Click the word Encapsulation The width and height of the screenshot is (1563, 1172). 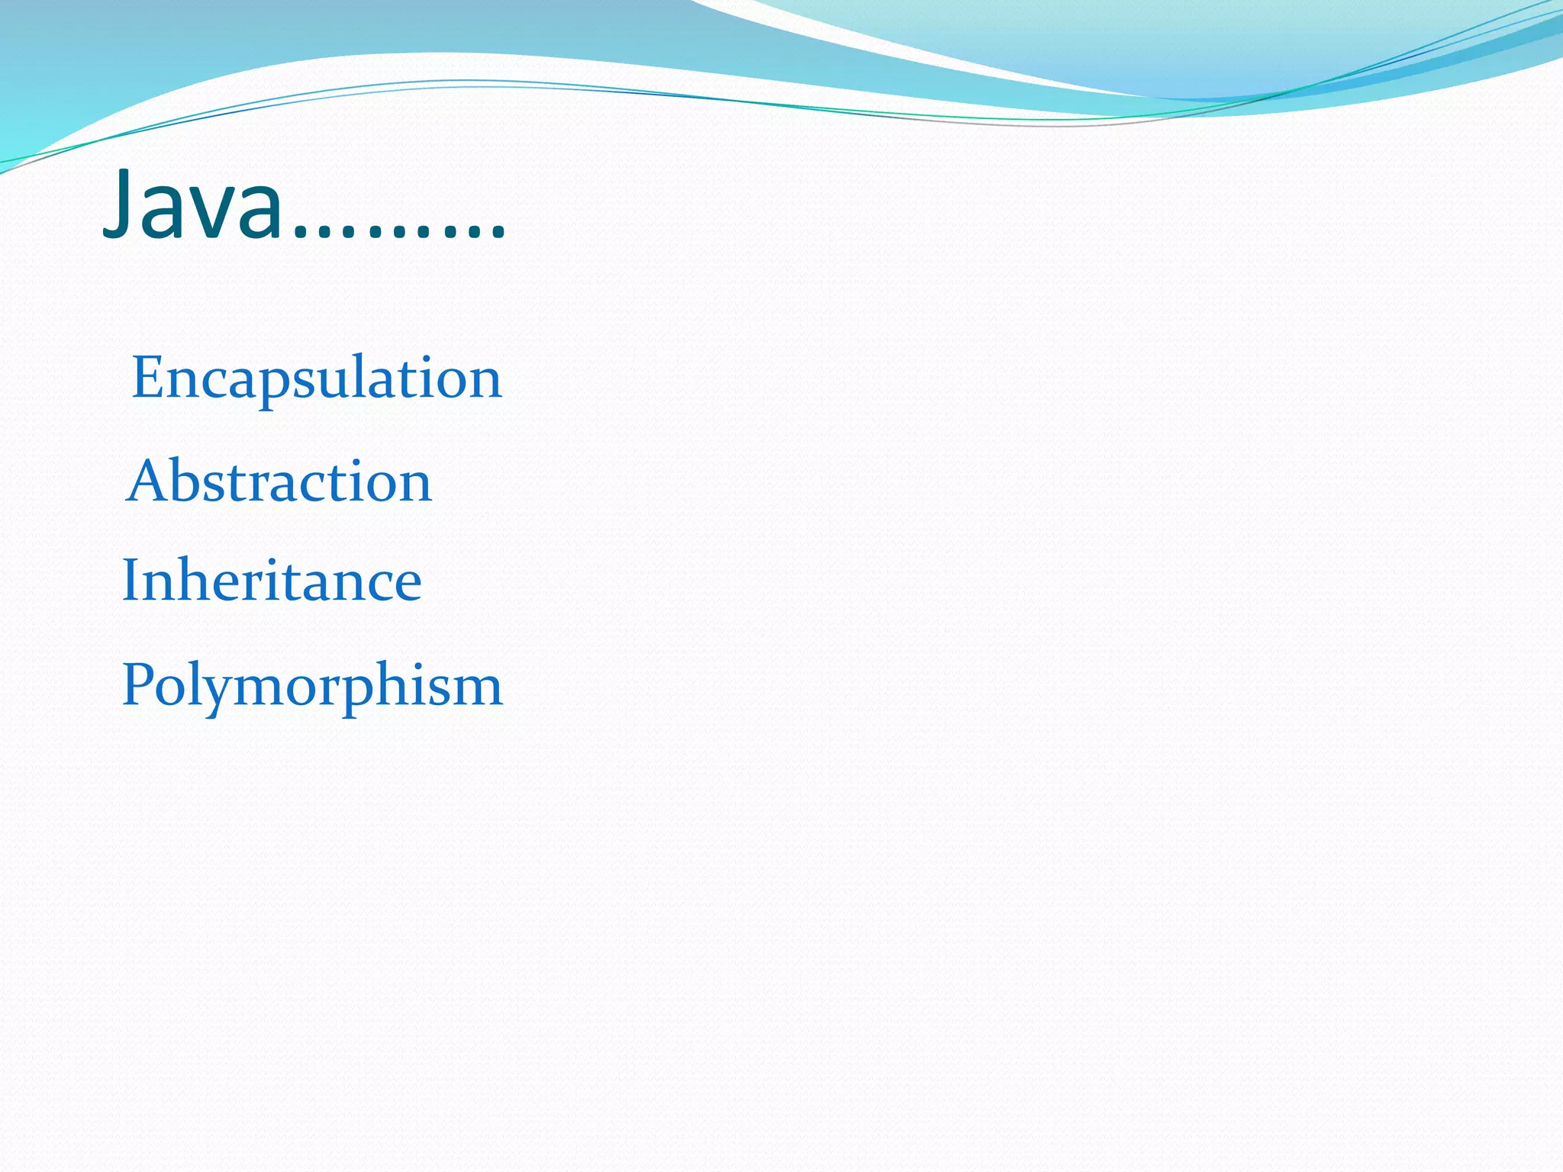tap(317, 378)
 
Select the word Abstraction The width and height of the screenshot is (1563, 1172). tap(279, 481)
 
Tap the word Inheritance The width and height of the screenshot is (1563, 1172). tap(272, 580)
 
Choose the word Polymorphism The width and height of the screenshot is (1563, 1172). tap(312, 684)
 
